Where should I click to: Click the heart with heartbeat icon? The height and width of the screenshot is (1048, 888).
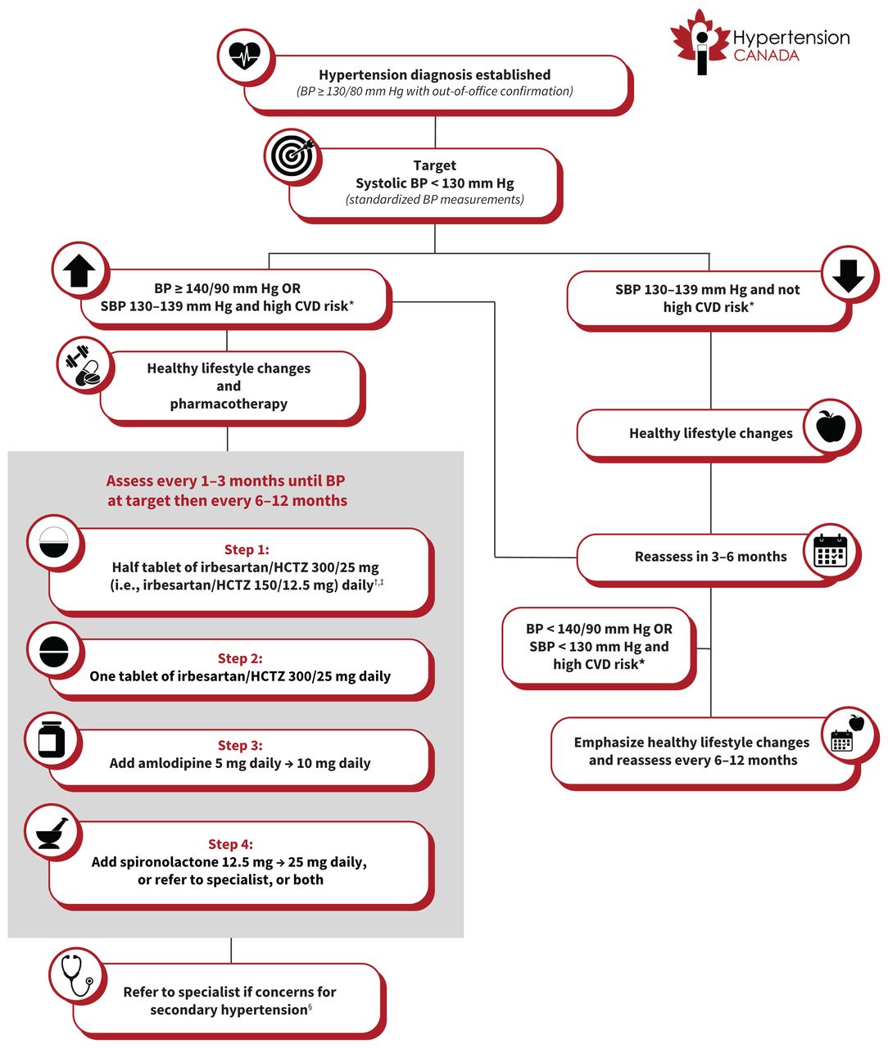click(244, 56)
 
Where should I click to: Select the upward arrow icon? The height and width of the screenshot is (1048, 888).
click(79, 271)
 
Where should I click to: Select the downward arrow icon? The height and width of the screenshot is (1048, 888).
click(848, 276)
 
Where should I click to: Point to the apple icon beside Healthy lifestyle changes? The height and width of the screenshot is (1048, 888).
click(831, 427)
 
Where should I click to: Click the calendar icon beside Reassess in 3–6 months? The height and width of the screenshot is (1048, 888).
click(831, 551)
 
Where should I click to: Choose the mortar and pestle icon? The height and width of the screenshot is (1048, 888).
click(54, 833)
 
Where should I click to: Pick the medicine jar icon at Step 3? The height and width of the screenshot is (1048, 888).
click(52, 740)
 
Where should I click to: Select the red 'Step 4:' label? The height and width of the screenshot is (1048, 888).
click(230, 844)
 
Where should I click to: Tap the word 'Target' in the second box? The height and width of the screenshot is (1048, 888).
click(434, 165)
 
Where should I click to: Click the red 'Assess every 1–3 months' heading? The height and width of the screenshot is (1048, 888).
click(226, 481)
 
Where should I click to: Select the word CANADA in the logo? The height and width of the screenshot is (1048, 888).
click(766, 56)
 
